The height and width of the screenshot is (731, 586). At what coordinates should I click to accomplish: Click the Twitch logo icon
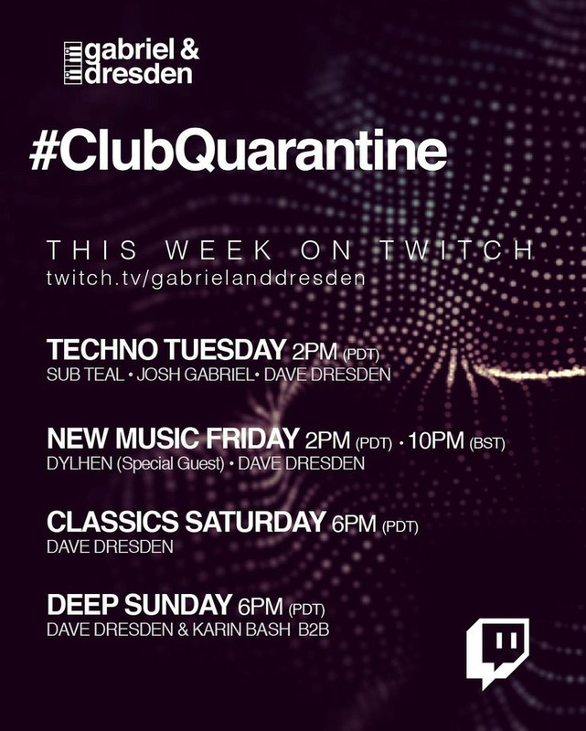498,653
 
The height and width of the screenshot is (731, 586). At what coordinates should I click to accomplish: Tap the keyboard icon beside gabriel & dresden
73,63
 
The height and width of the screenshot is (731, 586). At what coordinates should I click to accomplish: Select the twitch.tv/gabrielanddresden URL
206,278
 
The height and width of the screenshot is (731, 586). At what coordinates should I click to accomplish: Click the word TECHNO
102,349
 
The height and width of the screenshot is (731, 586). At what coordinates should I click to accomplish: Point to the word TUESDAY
225,349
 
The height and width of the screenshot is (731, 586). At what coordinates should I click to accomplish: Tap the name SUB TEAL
85,375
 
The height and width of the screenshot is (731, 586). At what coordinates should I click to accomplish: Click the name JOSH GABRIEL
196,375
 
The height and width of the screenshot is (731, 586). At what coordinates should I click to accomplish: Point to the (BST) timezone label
487,443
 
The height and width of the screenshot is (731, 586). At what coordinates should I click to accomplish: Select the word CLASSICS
112,522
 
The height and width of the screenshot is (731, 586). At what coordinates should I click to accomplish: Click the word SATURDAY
255,522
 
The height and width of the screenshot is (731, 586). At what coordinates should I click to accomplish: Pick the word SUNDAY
178,604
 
